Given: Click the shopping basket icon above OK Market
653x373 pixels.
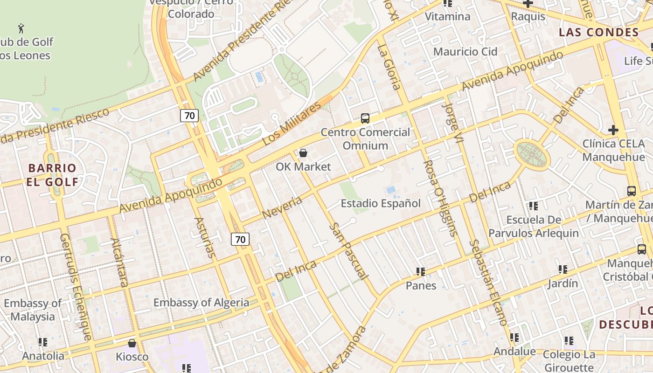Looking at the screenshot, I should (x=303, y=153).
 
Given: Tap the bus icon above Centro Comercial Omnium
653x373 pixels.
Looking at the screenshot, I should (x=365, y=118).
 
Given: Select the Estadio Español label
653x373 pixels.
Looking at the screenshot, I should (x=381, y=203).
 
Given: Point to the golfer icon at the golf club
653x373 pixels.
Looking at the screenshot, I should (x=21, y=28).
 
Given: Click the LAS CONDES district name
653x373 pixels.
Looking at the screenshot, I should (x=598, y=32).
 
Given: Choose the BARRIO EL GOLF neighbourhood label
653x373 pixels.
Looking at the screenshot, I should (x=52, y=174).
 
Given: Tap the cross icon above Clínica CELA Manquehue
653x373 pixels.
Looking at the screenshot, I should (x=613, y=130).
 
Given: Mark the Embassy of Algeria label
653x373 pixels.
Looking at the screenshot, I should (x=201, y=303).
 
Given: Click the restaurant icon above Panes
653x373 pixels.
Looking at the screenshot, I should (x=421, y=271).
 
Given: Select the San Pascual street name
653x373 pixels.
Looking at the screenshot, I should (x=347, y=251).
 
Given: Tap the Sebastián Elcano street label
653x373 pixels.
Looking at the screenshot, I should (x=488, y=282).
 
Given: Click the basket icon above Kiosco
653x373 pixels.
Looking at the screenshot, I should (x=132, y=343).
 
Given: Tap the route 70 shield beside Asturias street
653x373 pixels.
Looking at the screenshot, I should (x=240, y=239).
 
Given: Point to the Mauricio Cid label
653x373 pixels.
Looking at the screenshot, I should (x=465, y=51).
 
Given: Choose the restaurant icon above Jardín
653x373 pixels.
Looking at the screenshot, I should (x=563, y=269).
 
